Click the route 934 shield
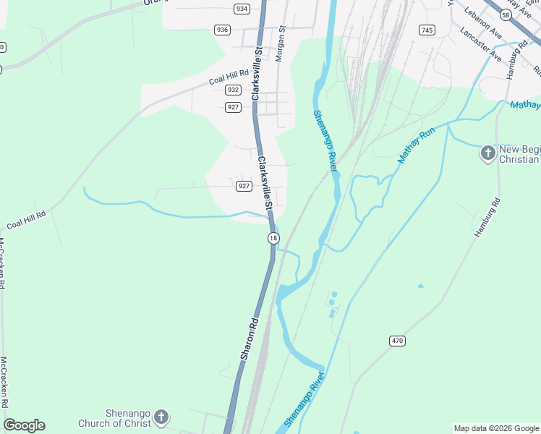[x=242, y=9]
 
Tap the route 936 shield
[x=222, y=30]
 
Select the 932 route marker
[x=232, y=90]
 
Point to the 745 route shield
[x=427, y=30]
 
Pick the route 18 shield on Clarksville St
[x=273, y=238]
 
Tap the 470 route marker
[x=396, y=341]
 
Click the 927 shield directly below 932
[x=232, y=107]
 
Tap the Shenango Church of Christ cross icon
[x=161, y=417]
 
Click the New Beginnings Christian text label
[x=519, y=153]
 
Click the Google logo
[x=24, y=425]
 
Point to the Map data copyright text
[x=496, y=428]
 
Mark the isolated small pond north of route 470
[x=420, y=286]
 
